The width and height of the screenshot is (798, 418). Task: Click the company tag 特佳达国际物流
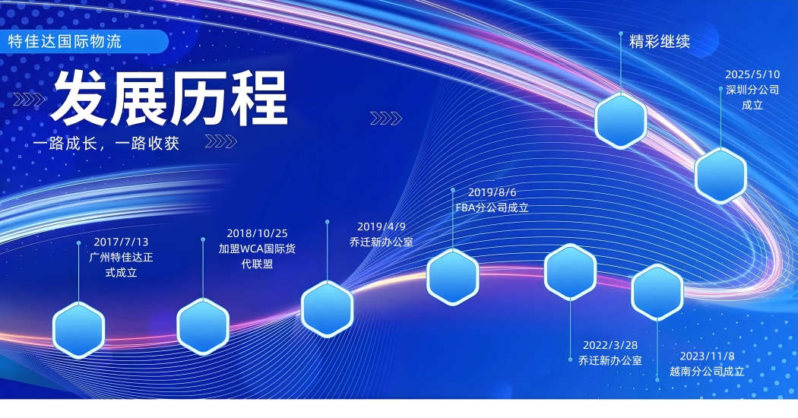point(65,41)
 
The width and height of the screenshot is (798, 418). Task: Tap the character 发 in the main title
point(79,98)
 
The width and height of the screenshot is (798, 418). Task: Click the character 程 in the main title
point(260,98)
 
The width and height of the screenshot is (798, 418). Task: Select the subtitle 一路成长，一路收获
point(106,143)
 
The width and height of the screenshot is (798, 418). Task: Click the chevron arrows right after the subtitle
point(221,141)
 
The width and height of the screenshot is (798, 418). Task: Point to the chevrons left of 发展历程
point(29,100)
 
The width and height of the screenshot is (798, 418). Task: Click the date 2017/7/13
point(121,242)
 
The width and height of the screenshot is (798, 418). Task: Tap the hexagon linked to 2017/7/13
point(79,330)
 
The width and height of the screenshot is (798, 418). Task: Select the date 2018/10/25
point(257,233)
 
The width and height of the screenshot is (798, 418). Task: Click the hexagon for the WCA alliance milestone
point(203,326)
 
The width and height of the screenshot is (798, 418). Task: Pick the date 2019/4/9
point(382,226)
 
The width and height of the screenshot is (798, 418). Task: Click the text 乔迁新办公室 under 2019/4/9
point(382,242)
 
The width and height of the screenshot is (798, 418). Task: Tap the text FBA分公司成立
point(492,207)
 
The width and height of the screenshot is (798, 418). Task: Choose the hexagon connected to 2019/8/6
point(452,277)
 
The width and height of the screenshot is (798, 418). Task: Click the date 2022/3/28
point(610,345)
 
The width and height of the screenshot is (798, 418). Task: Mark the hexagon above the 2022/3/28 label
point(571,272)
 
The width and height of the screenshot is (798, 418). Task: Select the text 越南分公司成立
point(707,371)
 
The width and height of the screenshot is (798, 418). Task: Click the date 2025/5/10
point(752,74)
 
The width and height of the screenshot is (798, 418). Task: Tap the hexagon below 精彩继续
point(621,121)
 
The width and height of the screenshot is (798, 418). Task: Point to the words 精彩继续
point(660,41)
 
